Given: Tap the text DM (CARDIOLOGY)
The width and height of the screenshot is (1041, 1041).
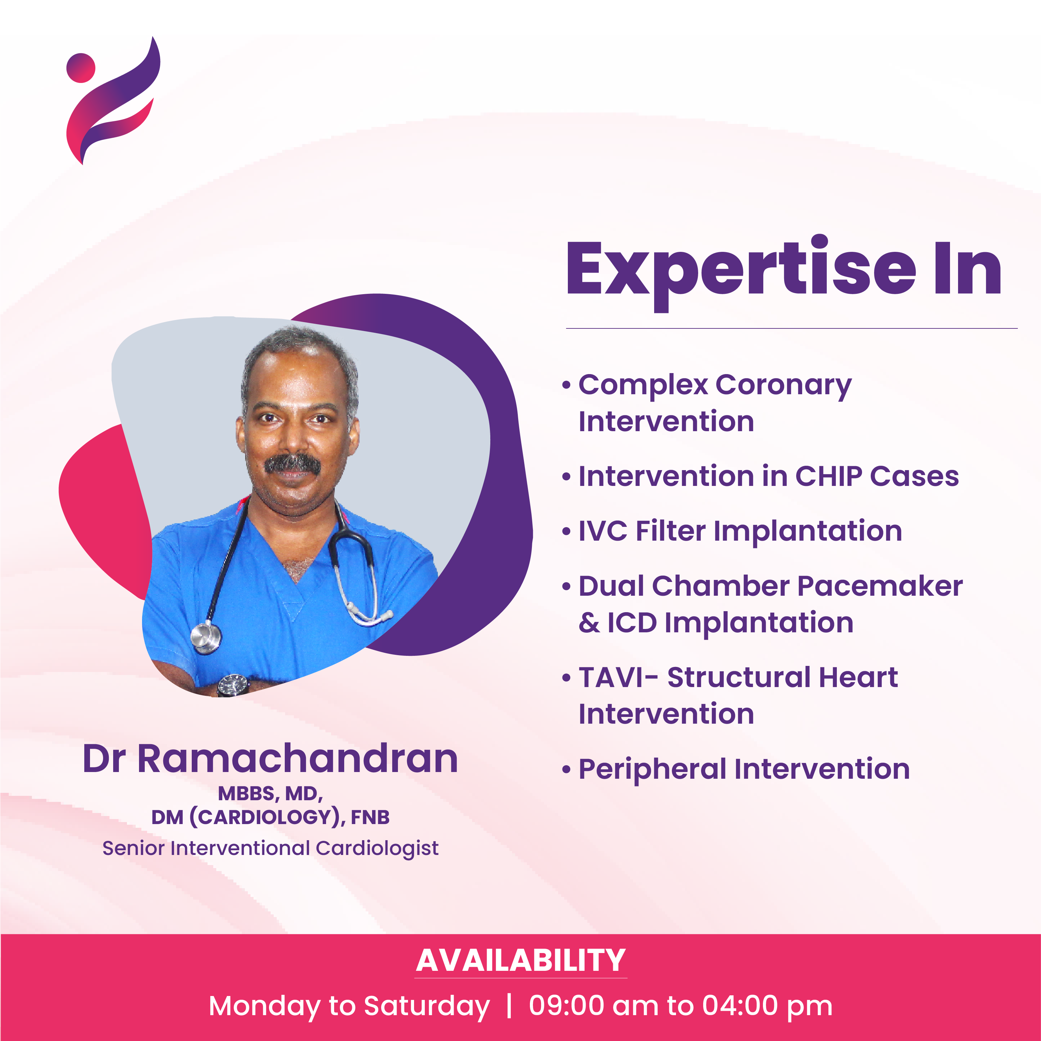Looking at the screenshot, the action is click(x=247, y=817).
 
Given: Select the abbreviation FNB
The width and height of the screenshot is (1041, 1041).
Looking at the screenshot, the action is click(x=370, y=817).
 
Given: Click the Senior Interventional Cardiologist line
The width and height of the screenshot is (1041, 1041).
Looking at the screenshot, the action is click(x=270, y=849).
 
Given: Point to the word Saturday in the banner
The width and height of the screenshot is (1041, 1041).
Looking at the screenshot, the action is click(x=427, y=1006).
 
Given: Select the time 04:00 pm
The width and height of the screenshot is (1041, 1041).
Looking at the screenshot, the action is click(x=767, y=1006).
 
